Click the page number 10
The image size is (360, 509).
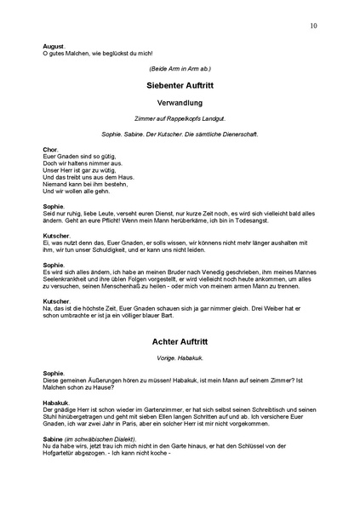point(314,26)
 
